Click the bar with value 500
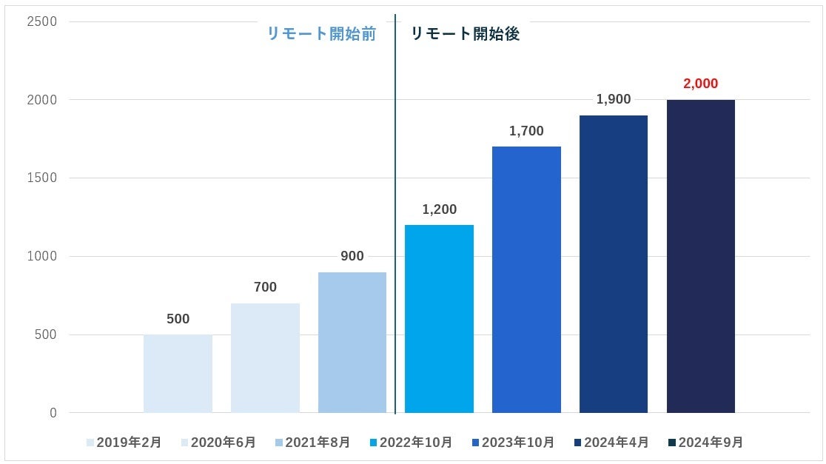point(178,374)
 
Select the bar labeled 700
point(265,358)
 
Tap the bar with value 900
point(352,343)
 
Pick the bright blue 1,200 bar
point(439,319)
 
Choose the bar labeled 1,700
point(526,280)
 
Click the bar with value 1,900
point(614,264)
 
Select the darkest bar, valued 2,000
point(700,256)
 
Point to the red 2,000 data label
point(700,84)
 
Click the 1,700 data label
point(526,131)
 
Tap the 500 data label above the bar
point(178,319)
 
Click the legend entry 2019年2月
point(124,443)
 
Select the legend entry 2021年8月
point(312,443)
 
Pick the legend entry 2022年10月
point(411,443)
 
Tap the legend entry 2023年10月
point(513,443)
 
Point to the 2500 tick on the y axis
point(42,21)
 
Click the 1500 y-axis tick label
point(42,178)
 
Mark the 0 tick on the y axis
point(53,413)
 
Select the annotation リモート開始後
point(465,34)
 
